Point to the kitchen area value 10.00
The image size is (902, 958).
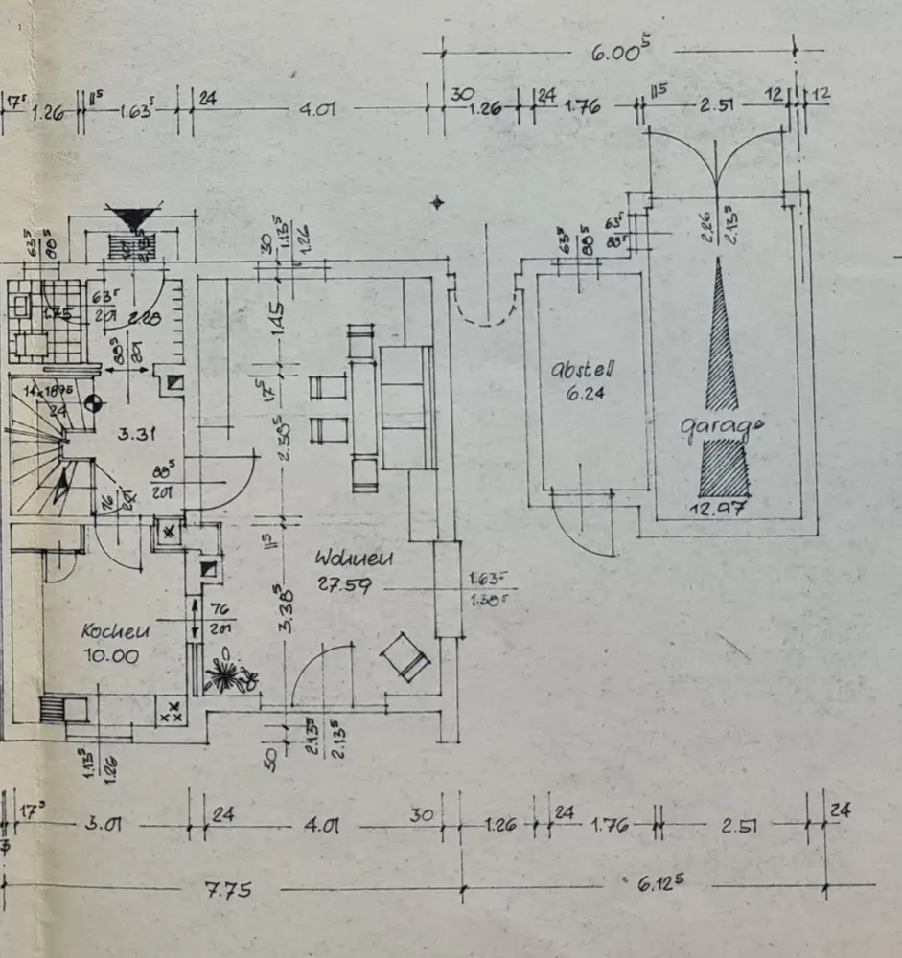click(x=110, y=656)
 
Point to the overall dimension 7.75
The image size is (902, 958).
click(x=228, y=891)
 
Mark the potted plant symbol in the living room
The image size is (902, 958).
click(x=227, y=674)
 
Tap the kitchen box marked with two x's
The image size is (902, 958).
click(x=171, y=714)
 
